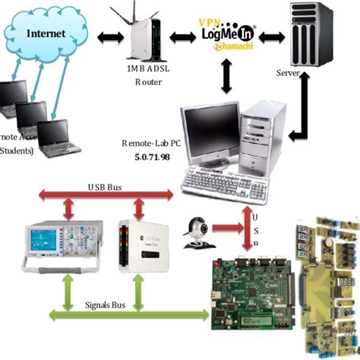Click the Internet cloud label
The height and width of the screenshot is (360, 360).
coord(46,33)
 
